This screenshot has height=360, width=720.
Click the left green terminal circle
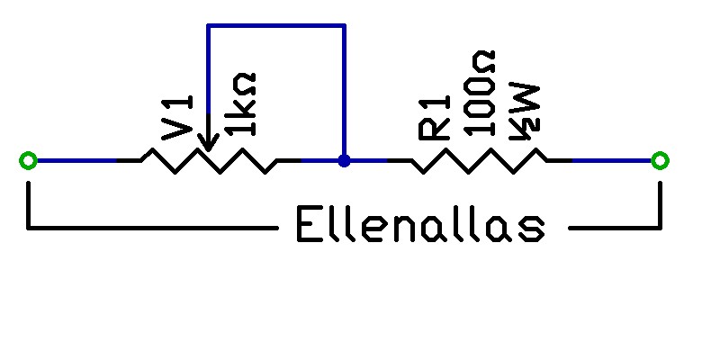(x=28, y=161)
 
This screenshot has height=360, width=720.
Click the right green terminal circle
(x=660, y=161)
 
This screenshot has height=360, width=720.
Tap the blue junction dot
(x=344, y=161)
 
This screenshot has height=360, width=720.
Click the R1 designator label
(x=436, y=118)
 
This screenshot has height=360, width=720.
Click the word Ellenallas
(x=420, y=227)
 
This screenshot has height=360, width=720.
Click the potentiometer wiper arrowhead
(x=208, y=144)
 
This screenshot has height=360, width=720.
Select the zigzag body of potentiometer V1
(x=208, y=162)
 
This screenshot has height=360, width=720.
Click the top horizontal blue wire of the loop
(x=275, y=25)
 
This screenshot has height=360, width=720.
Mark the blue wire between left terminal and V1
(x=76, y=161)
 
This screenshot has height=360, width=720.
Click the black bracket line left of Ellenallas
(x=153, y=228)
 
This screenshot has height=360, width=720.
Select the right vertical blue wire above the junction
(x=344, y=90)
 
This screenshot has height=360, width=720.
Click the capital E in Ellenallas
(x=310, y=227)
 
